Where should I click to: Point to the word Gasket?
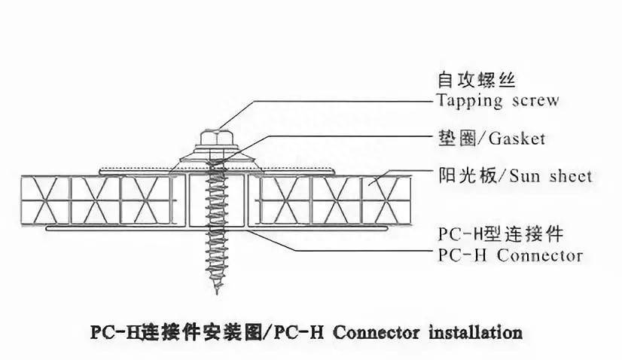pyautogui.click(x=517, y=139)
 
